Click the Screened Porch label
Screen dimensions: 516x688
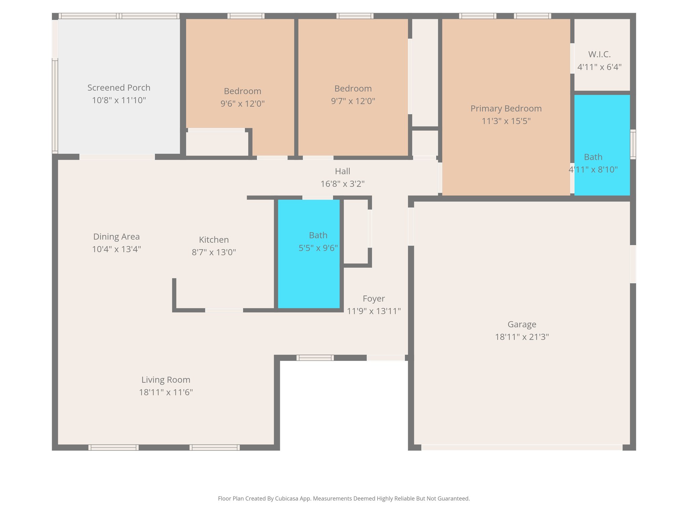coord(119,88)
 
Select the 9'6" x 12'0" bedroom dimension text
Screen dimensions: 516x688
coord(242,103)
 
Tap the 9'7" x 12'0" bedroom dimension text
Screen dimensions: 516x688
coord(353,101)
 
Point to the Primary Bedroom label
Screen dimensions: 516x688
coord(506,109)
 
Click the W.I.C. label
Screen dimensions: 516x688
coord(599,54)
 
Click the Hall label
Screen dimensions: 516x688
coord(342,171)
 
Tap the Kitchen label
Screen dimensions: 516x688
coord(214,240)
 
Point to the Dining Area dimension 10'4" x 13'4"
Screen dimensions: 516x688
coord(116,249)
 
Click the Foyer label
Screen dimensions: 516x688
coord(374,299)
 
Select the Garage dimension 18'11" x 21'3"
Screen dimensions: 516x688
coord(522,337)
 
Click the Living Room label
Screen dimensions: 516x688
coord(166,380)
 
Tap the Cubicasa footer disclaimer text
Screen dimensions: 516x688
coord(344,499)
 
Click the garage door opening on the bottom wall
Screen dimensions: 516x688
coord(521,447)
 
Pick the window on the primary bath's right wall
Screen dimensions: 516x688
coord(633,144)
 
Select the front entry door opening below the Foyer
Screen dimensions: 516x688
coord(385,358)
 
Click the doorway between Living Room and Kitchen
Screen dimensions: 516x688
coord(224,310)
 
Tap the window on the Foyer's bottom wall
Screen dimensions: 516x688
coord(315,358)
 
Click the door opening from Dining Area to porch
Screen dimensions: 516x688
coord(117,157)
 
